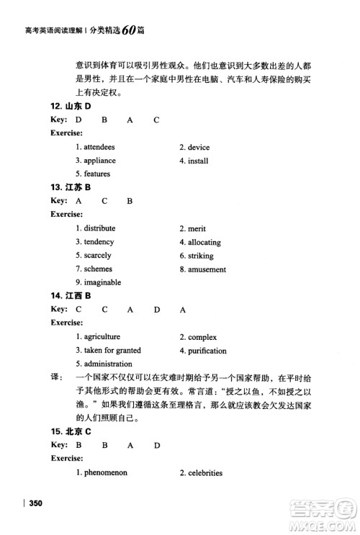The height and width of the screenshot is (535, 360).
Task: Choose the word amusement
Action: coord(207,269)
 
